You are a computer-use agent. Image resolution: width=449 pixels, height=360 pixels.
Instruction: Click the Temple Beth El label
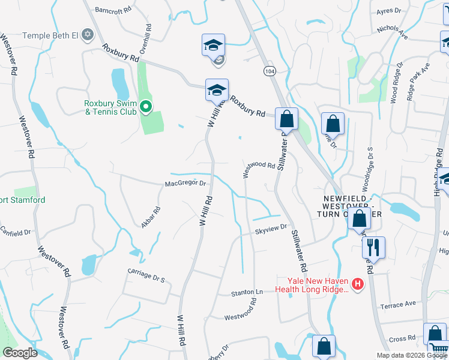[50, 35]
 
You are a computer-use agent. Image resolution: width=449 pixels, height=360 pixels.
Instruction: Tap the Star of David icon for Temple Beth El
[88, 34]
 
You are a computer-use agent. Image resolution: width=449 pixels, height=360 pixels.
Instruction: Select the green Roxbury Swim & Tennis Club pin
[145, 107]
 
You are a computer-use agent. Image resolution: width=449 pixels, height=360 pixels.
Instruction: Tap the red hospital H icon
[358, 284]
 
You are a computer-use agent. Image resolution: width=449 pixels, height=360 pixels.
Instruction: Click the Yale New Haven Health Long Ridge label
[313, 284]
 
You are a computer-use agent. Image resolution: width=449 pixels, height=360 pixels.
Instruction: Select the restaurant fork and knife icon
[374, 247]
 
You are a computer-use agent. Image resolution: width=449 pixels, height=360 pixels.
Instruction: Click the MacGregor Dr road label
[185, 184]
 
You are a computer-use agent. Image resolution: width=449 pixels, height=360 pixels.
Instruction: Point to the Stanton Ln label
[247, 293]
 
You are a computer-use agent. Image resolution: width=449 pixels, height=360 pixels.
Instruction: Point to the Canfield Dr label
[16, 231]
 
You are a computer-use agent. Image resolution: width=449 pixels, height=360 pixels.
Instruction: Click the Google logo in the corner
[20, 353]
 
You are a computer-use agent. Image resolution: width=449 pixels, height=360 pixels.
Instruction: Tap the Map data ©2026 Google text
[411, 355]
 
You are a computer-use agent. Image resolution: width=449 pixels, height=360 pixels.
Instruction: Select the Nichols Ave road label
[392, 32]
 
